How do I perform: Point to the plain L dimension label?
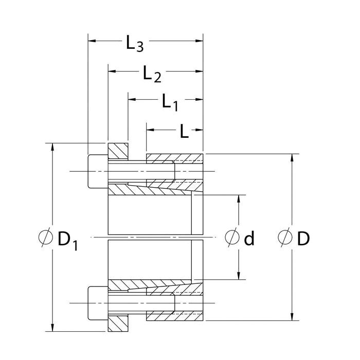pyautogui.click(x=184, y=132)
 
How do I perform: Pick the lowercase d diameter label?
pyautogui.click(x=249, y=238)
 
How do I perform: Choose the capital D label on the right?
pyautogui.click(x=303, y=238)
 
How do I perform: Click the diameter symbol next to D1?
pyautogui.click(x=46, y=238)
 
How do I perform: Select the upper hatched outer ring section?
pyautogui.click(x=175, y=157)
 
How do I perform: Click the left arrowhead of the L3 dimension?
pyautogui.click(x=91, y=40)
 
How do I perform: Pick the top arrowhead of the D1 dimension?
pyautogui.click(x=52, y=146)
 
